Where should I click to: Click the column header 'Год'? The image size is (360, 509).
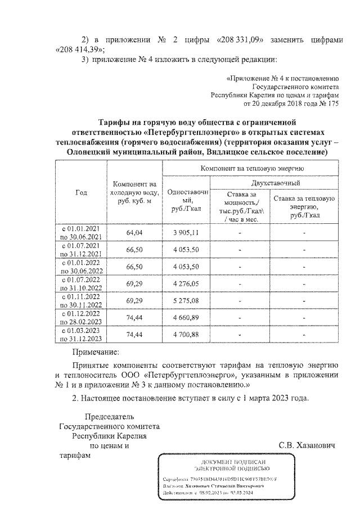click(x=81, y=192)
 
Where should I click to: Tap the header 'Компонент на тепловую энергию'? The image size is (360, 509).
click(x=251, y=168)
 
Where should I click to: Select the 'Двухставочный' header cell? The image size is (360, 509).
click(x=276, y=183)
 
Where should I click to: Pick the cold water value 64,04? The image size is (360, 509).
click(x=135, y=232)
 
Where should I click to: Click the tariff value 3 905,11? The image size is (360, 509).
click(x=186, y=232)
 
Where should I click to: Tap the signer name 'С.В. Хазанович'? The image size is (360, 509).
click(x=307, y=445)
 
